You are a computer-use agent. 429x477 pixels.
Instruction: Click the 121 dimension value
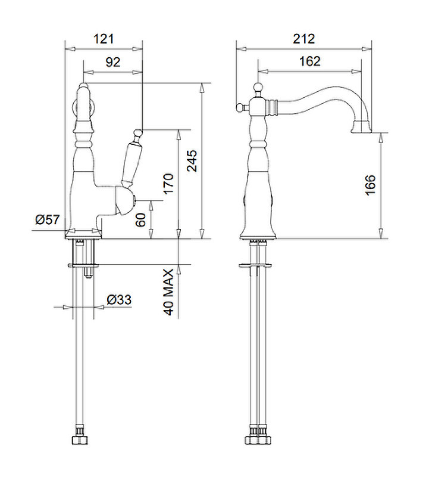tap(104, 39)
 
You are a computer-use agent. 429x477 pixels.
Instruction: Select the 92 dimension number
tap(113, 62)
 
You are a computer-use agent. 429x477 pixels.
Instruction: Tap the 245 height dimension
tap(192, 160)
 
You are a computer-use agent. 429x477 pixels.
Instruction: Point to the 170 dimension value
tap(168, 184)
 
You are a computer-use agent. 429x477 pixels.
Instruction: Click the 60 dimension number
tap(140, 219)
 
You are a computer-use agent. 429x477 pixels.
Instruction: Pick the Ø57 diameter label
tap(48, 219)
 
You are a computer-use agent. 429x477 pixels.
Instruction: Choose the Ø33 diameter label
tap(119, 300)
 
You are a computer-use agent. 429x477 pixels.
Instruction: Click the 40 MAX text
tap(168, 292)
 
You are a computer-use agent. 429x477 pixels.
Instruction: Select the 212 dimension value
tap(303, 39)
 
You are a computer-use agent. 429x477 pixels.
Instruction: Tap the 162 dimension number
tap(309, 61)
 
